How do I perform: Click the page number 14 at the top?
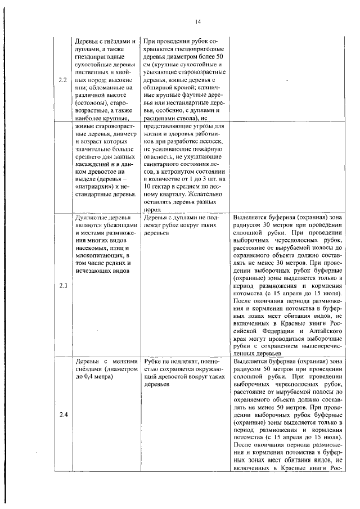[197, 22]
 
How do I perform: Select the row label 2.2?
[63, 80]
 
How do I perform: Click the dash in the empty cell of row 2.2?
[287, 80]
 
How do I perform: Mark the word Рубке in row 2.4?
[153, 361]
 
